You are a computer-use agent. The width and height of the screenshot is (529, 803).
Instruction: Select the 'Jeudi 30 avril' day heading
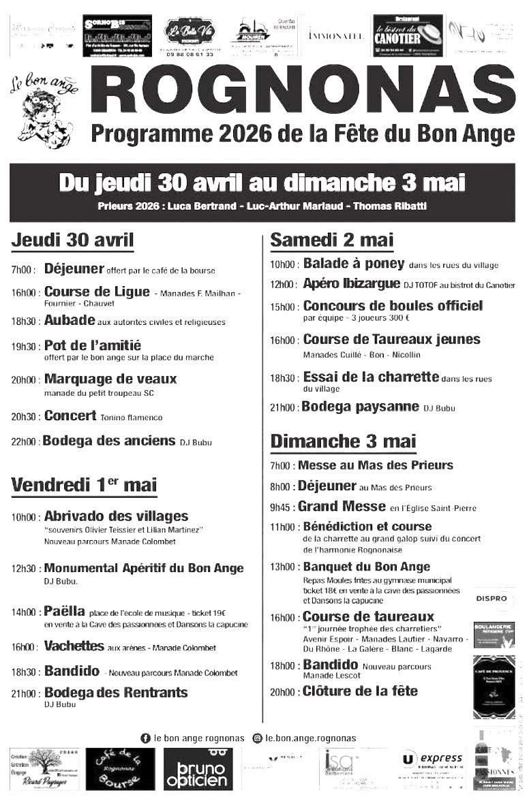coord(72,241)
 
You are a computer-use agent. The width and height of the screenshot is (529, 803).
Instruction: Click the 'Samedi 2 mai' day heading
coord(332,240)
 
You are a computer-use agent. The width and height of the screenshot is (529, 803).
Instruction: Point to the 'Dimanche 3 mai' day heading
coord(343,441)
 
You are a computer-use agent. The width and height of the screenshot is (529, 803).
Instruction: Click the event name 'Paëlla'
coord(64,611)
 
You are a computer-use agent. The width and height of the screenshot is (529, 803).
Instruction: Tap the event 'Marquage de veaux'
coord(110,379)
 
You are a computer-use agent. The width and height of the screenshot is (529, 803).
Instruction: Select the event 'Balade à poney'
coord(353,264)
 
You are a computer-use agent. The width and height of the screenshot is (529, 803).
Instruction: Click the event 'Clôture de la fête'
coord(360,691)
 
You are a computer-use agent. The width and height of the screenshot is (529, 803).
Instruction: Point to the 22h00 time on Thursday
coord(24,442)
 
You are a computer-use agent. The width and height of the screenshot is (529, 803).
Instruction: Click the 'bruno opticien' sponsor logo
coord(197,770)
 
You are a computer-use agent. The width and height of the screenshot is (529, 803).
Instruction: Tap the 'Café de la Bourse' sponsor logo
coord(120,770)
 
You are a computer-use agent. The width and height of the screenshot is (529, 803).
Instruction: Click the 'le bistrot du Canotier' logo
coord(408,33)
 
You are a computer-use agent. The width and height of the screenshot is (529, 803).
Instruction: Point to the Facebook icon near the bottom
coord(145,738)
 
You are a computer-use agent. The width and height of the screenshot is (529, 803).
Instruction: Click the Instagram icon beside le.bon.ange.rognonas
coord(257,738)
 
